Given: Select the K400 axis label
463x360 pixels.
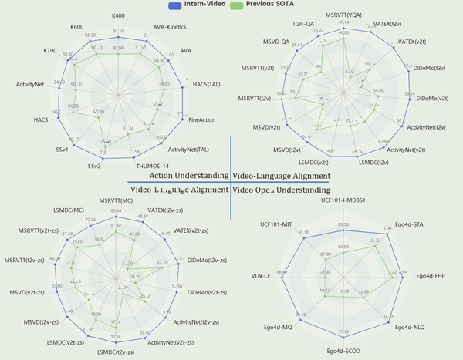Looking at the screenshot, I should tap(118, 15).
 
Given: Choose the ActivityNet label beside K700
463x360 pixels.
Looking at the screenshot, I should tap(29, 82).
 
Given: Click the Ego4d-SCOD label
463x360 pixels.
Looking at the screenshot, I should tap(343, 351).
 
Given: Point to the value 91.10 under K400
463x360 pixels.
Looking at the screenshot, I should tap(118, 32).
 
